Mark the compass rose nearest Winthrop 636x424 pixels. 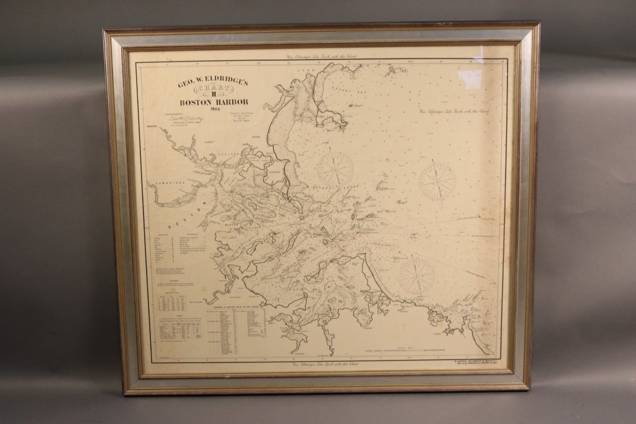335,168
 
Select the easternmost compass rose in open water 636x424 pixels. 437,182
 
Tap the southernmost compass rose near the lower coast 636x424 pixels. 416,275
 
